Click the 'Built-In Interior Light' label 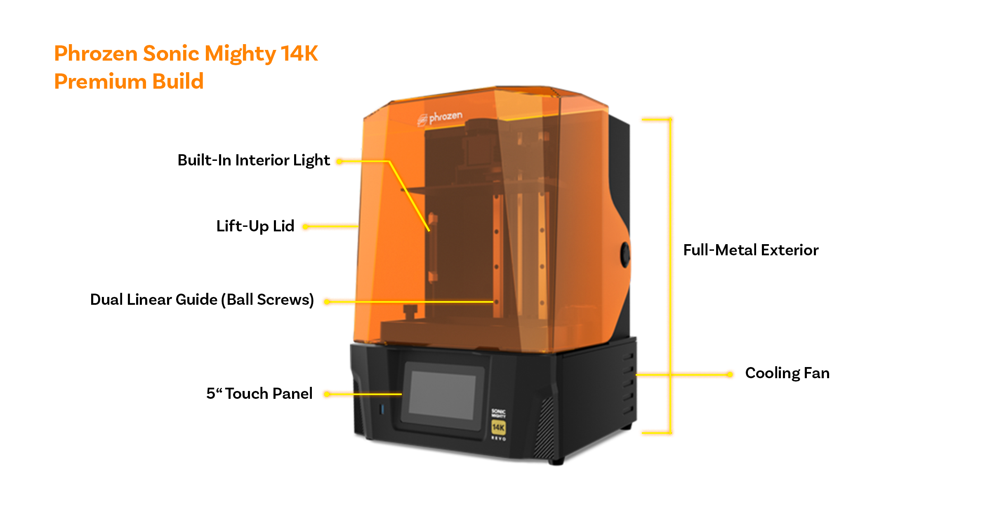pos(253,160)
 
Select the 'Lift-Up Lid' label pos(255,226)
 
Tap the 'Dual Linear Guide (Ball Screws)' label pos(202,299)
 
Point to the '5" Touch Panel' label pos(259,393)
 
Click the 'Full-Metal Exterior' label pos(750,250)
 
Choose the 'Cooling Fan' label pos(787,373)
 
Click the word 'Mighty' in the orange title pos(240,54)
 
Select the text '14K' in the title pos(299,53)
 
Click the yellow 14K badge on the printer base pos(498,427)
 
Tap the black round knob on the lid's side pos(625,254)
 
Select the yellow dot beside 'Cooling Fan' pos(730,374)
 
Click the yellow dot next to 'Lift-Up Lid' pos(305,226)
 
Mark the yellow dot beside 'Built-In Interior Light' pos(339,161)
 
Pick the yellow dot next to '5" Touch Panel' pos(326,394)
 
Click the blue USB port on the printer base pos(382,409)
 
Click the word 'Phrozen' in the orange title pos(96,53)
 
